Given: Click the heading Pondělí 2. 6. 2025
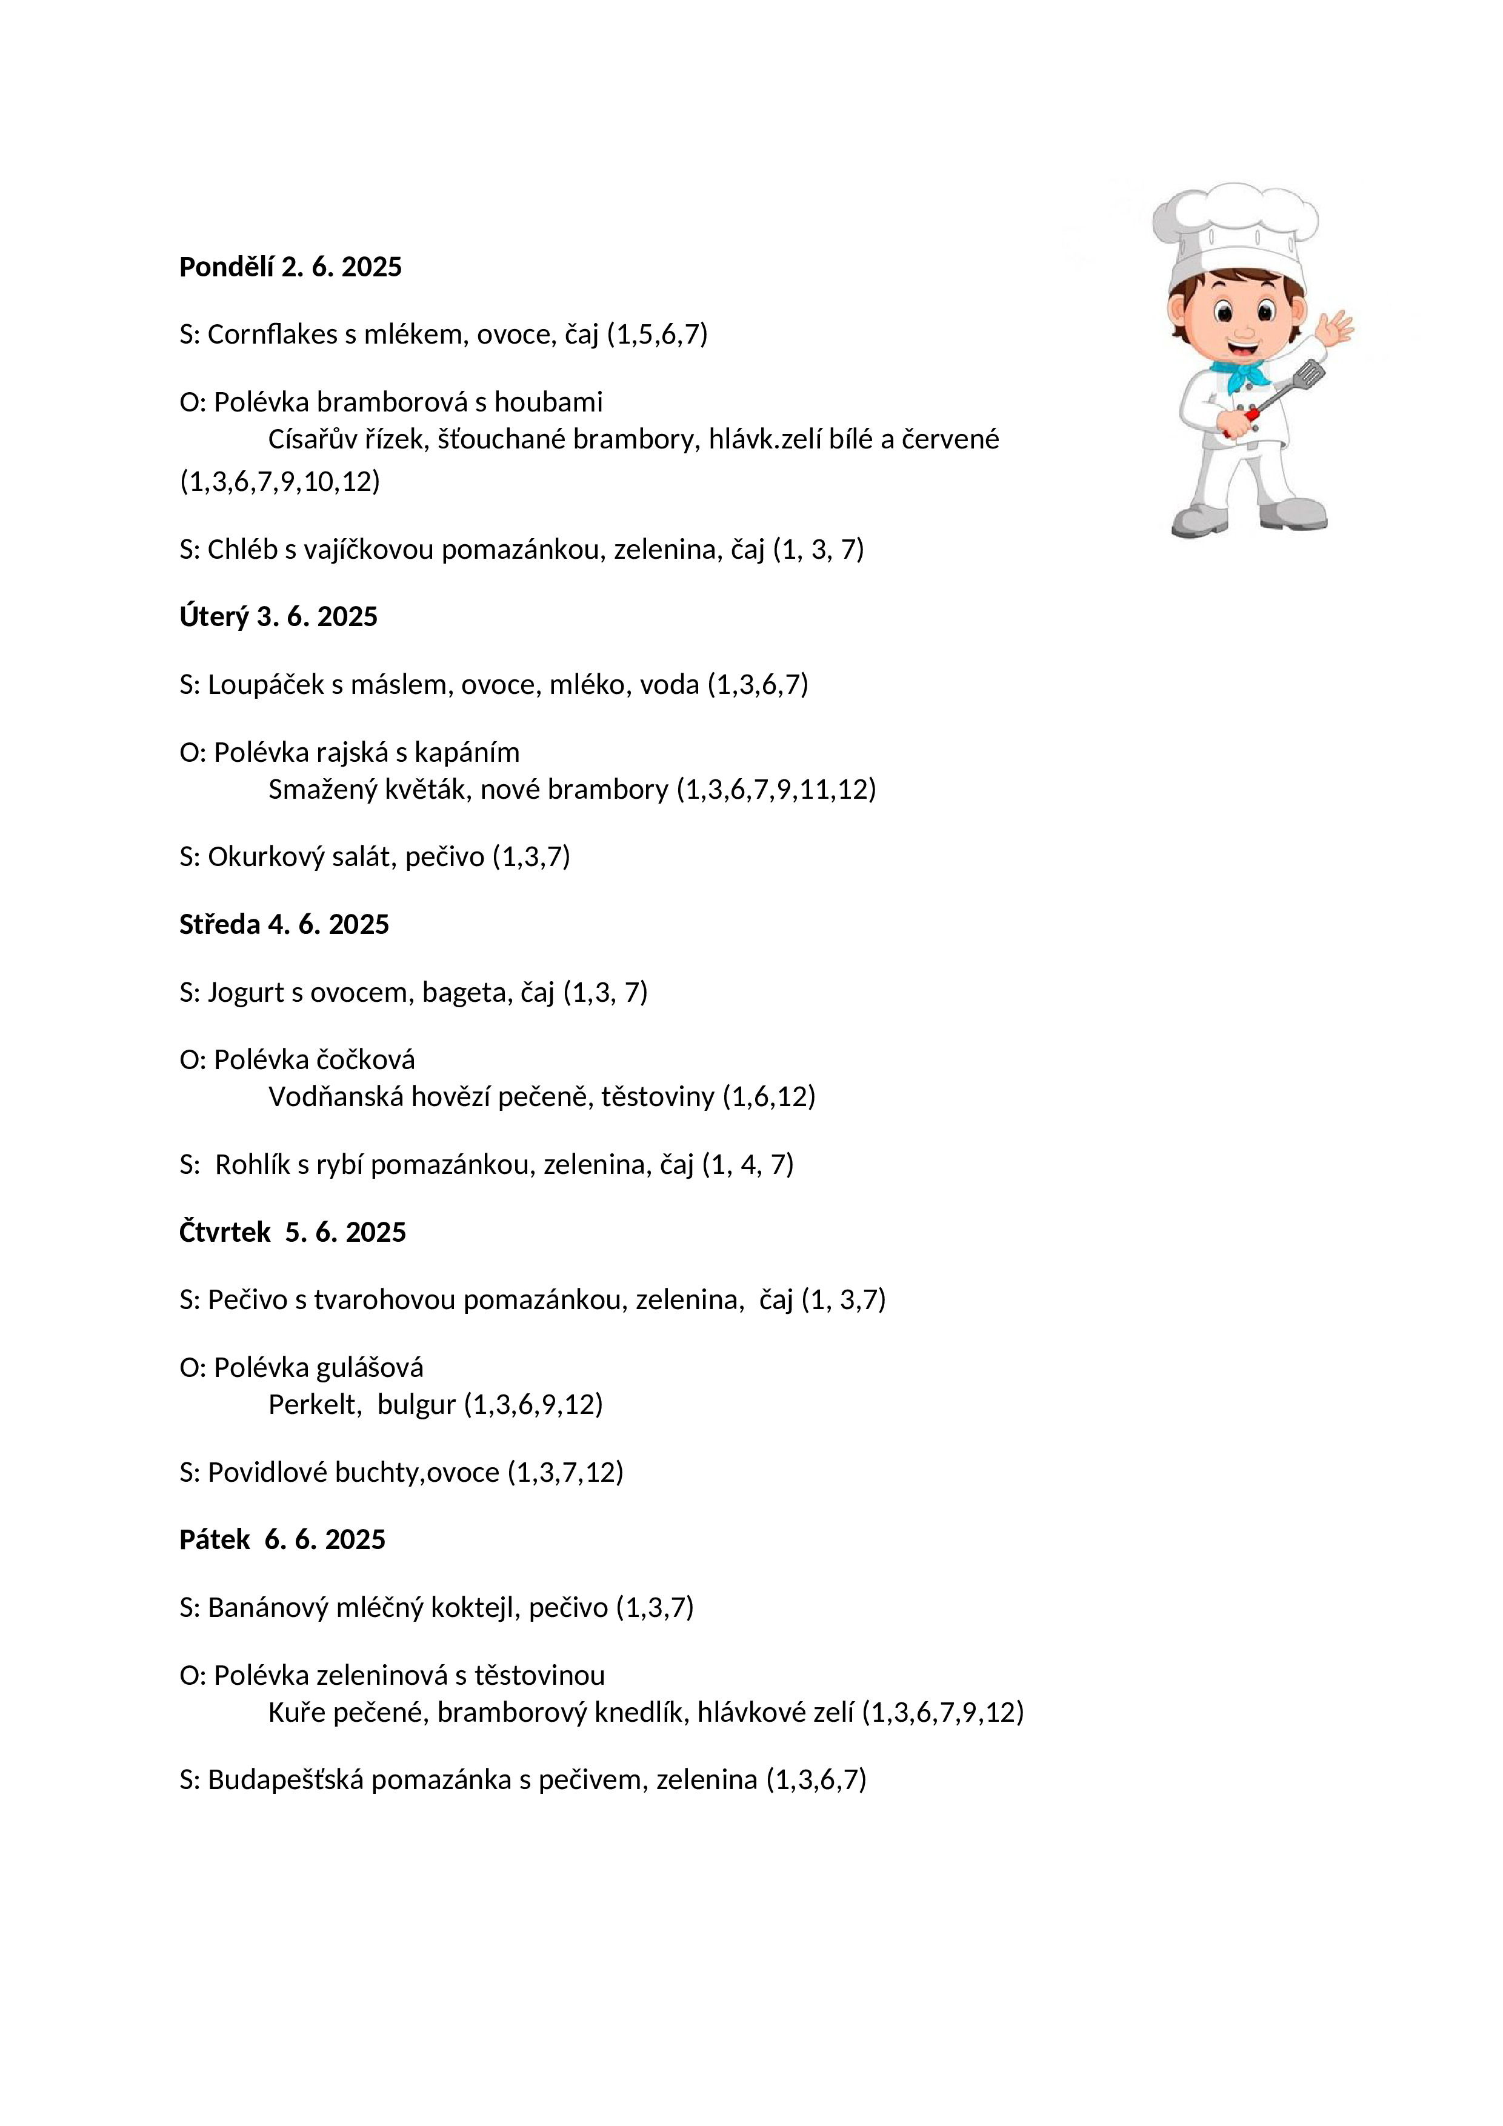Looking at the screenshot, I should (290, 267).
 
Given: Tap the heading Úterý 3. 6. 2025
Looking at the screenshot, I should (278, 617).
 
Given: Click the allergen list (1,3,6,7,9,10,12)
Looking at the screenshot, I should (279, 481).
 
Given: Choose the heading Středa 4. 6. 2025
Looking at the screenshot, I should (284, 924).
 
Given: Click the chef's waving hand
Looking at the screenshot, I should (1335, 327).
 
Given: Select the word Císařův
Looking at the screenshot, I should (321, 439).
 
